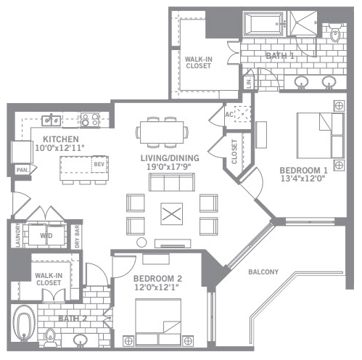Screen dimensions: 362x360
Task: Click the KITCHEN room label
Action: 61,139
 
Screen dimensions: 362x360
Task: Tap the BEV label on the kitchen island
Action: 99,164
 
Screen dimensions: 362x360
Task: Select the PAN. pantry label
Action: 22,170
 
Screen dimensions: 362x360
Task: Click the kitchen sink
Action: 52,120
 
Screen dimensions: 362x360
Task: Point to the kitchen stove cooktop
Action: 90,120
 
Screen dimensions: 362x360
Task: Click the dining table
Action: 162,133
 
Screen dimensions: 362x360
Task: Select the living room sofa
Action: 172,182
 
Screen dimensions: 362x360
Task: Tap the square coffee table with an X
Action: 172,214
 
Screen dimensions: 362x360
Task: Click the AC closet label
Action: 229,115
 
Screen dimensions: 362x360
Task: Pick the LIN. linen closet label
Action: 249,83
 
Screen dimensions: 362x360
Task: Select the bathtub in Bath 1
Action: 263,24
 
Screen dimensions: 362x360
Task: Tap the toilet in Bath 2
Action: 50,337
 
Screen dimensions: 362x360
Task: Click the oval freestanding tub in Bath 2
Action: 24,323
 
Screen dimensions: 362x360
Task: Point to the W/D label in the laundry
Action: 46,236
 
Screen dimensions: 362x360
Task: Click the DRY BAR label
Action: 77,237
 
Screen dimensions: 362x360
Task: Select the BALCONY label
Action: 263,272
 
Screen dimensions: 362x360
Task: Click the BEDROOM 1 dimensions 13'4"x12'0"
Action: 303,179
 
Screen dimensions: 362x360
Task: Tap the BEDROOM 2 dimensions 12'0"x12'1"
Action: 157,287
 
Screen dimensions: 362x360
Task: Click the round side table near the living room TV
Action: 141,242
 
